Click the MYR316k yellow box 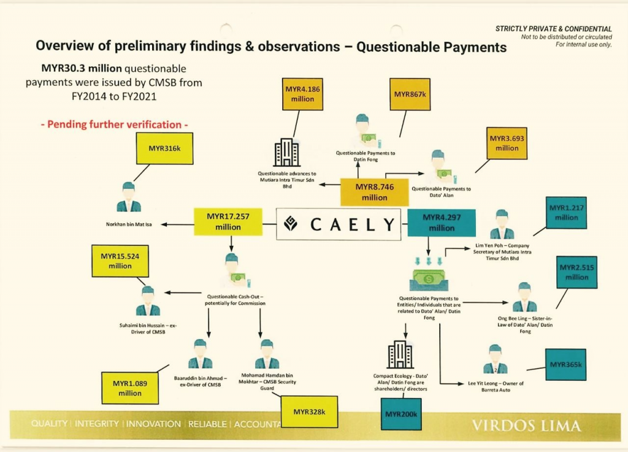tap(165, 148)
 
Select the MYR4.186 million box tap(302, 94)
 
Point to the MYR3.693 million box tap(507, 144)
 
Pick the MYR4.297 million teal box tap(442, 222)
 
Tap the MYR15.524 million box tap(121, 261)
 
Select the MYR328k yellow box tap(309, 412)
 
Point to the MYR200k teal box tap(401, 415)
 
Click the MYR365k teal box tap(565, 365)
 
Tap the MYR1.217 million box tap(566, 213)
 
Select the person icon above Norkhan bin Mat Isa tap(129, 197)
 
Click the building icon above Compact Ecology tap(401, 355)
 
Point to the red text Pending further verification tap(115, 124)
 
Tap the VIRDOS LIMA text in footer tap(526, 425)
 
